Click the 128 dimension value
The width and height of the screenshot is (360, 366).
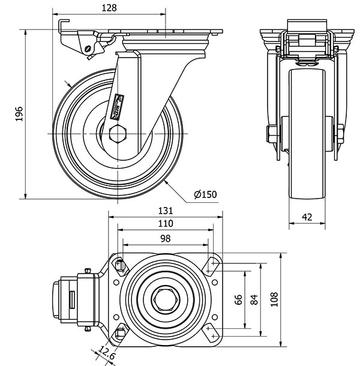click(x=109, y=8)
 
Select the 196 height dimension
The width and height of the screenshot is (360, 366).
click(x=19, y=115)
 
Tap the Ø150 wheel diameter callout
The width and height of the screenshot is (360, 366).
click(x=205, y=194)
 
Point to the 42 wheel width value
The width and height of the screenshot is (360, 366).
click(x=307, y=217)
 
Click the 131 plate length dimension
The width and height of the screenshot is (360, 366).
click(x=166, y=211)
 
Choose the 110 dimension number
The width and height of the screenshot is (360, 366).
click(x=166, y=224)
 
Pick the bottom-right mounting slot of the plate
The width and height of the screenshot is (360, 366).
click(x=211, y=331)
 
